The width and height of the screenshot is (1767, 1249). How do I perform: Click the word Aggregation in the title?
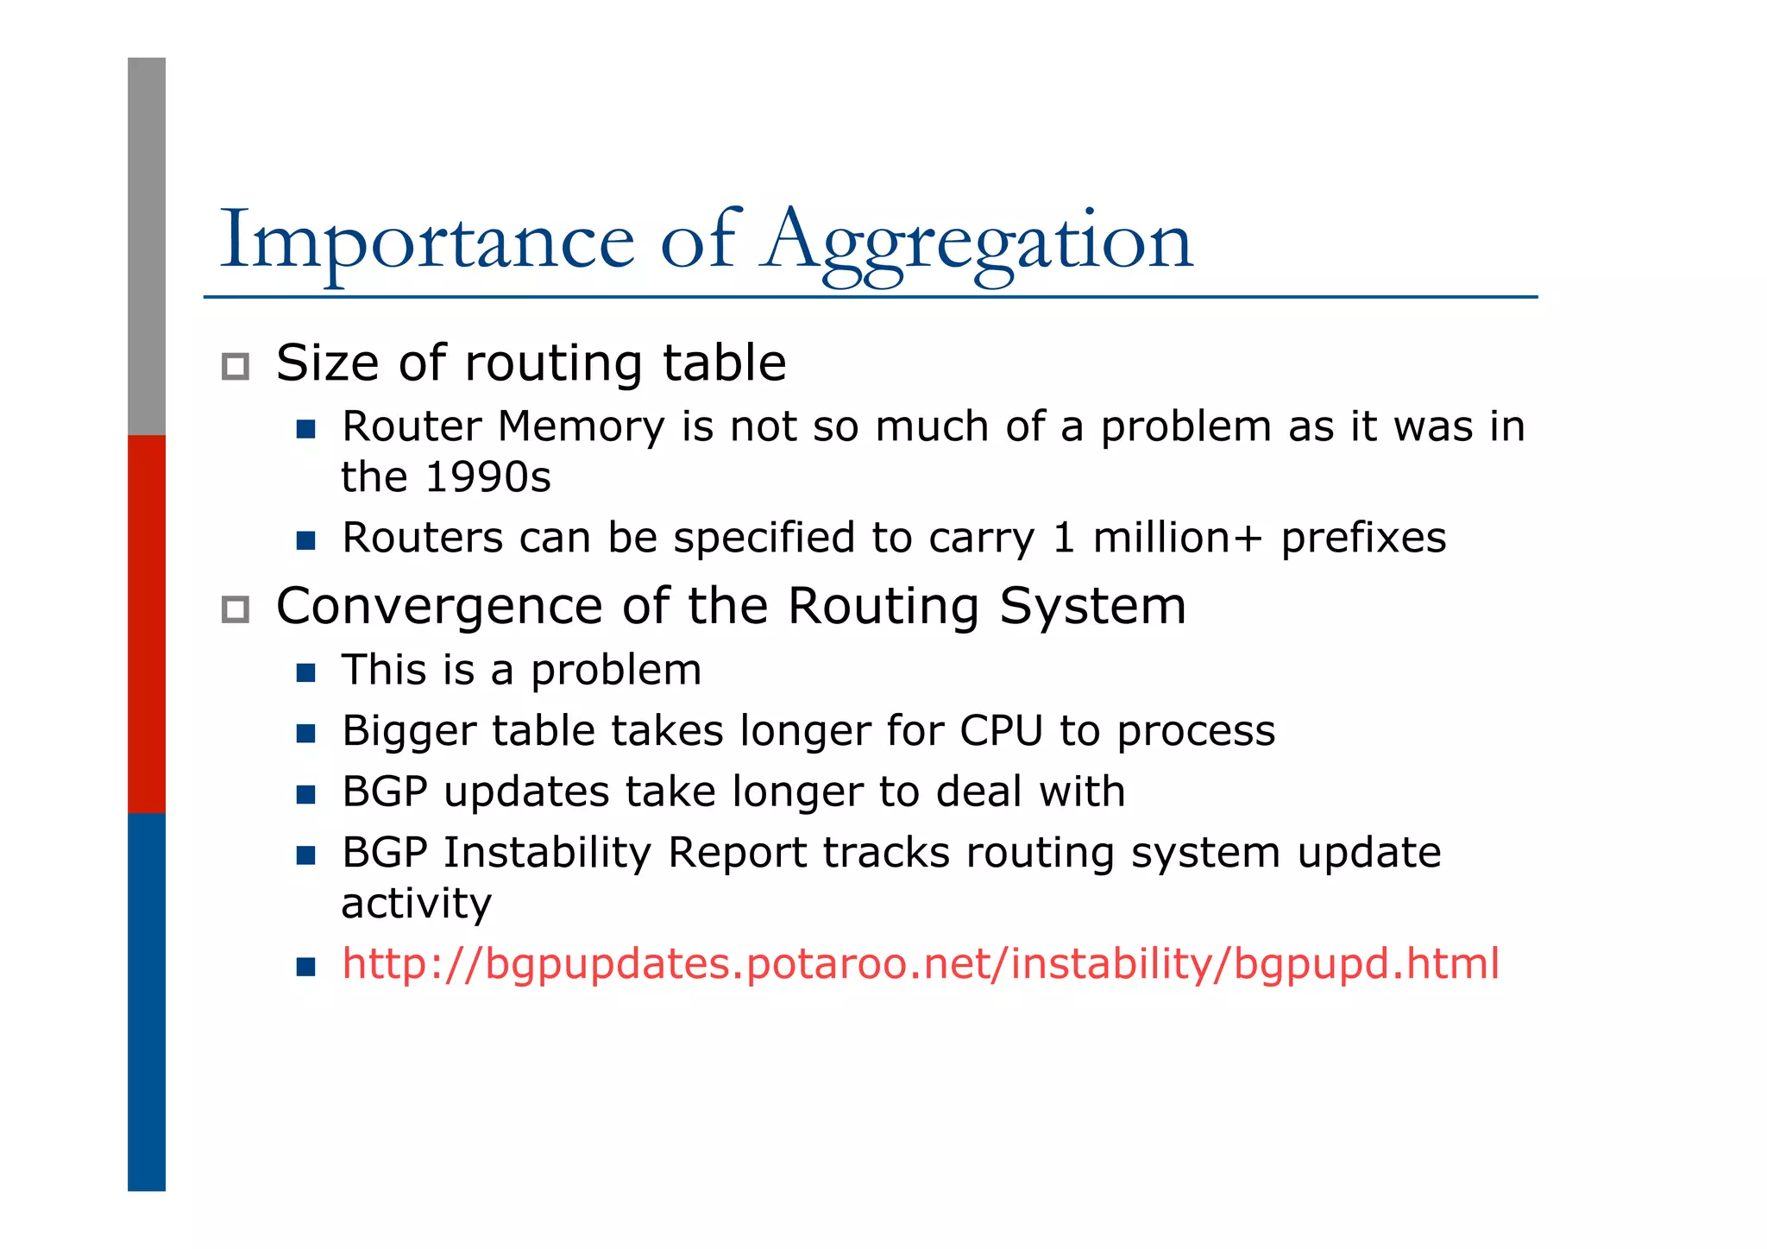coord(978,242)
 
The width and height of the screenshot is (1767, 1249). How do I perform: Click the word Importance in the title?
coord(427,242)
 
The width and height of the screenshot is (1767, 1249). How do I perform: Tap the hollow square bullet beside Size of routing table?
coord(235,367)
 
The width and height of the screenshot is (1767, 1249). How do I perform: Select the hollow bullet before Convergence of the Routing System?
coord(235,609)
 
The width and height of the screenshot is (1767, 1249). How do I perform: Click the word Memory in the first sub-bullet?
coord(582,426)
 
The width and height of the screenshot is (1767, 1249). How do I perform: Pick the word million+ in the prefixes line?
coord(1178,538)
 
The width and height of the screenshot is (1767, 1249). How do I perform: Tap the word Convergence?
coord(438,606)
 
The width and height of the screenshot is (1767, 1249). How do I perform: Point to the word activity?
coord(416,905)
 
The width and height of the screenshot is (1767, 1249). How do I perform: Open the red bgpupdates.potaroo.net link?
coord(921,964)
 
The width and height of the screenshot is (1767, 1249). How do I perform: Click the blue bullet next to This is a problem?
coord(305,672)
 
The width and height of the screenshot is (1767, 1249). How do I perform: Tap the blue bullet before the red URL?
coord(305,967)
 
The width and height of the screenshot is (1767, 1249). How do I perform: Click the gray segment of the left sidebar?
coord(147,246)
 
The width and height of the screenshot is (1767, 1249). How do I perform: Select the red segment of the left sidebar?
coord(147,624)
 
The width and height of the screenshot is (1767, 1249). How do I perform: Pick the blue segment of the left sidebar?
coord(147,1001)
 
